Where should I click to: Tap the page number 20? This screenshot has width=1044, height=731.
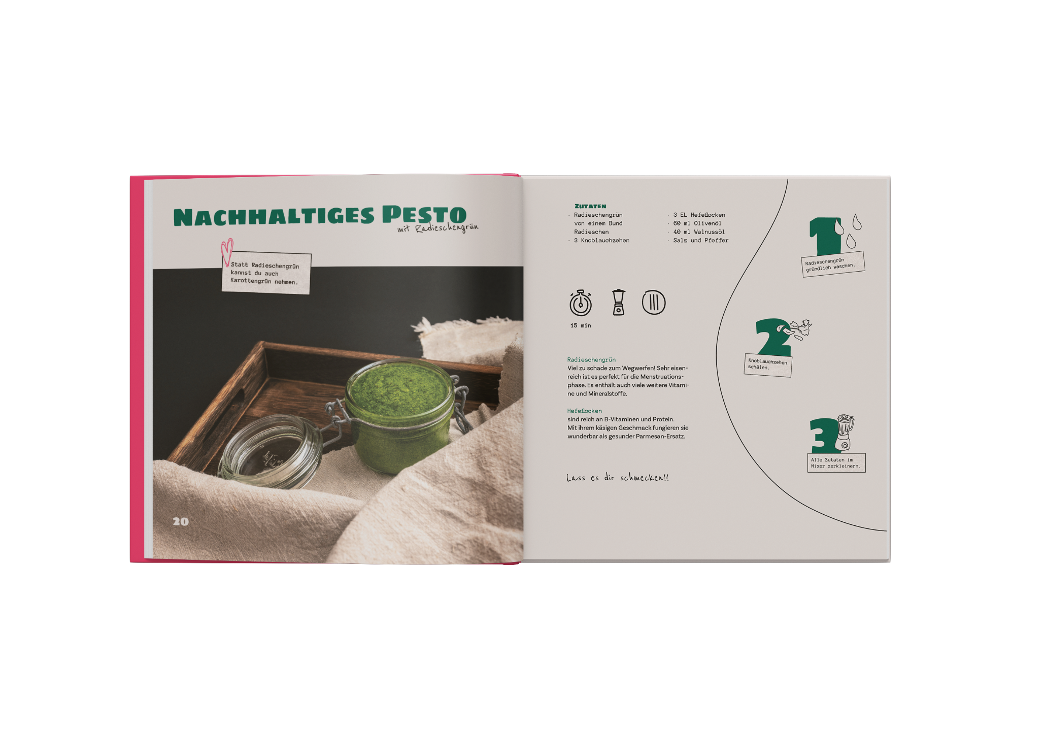point(181,521)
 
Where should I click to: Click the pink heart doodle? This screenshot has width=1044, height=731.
point(227,252)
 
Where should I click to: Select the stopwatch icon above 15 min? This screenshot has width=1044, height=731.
point(581,303)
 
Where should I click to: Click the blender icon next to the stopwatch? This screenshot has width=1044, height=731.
point(618,302)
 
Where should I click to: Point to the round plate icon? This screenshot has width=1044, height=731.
point(654,303)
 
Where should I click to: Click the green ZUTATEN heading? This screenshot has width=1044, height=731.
point(590,206)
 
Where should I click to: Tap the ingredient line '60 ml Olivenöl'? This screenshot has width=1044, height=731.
point(697,223)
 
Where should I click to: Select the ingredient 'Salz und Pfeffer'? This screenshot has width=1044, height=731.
point(700,241)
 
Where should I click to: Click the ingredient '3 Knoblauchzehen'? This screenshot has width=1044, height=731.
point(601,241)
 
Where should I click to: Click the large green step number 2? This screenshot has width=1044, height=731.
point(773,337)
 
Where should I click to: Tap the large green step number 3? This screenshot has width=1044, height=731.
point(823,435)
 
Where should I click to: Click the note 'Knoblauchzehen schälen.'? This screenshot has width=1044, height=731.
point(767,364)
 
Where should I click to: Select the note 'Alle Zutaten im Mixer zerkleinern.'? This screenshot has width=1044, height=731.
point(836,463)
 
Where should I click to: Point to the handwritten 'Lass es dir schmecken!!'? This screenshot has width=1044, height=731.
point(618,478)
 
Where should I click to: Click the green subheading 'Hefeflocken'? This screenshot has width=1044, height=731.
point(585,411)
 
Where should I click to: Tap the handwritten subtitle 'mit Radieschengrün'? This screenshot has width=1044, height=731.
point(437,228)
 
